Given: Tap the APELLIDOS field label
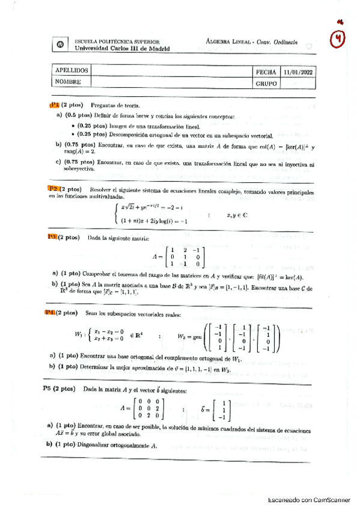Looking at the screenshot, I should click(72, 70).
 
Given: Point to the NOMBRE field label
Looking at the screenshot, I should click(68, 82).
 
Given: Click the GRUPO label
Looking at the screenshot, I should click(267, 82).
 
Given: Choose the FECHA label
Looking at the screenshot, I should click(266, 70).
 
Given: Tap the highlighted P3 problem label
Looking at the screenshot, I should click(53, 237).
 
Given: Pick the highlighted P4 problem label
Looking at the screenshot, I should click(53, 312).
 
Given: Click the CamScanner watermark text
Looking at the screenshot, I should click(309, 499).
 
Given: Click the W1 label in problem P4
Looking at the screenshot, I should click(75, 335).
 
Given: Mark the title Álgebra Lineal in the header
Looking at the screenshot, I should click(228, 41).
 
